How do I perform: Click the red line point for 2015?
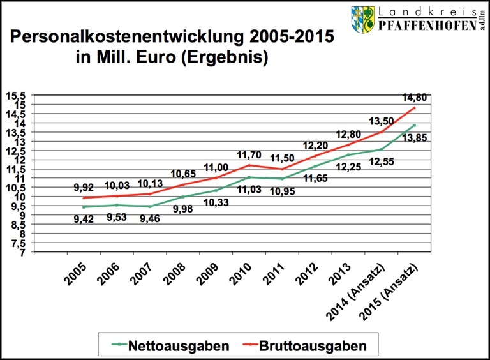click(414, 107)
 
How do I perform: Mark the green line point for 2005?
click(84, 207)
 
